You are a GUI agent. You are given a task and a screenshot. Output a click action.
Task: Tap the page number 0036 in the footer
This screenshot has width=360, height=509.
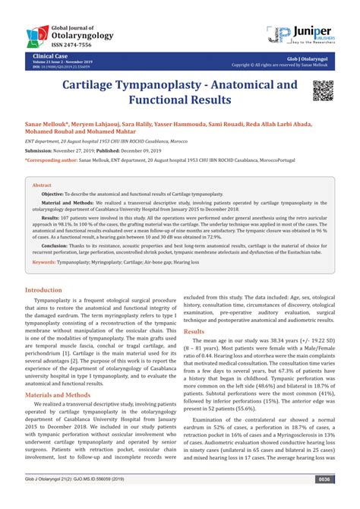(x=324, y=501)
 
